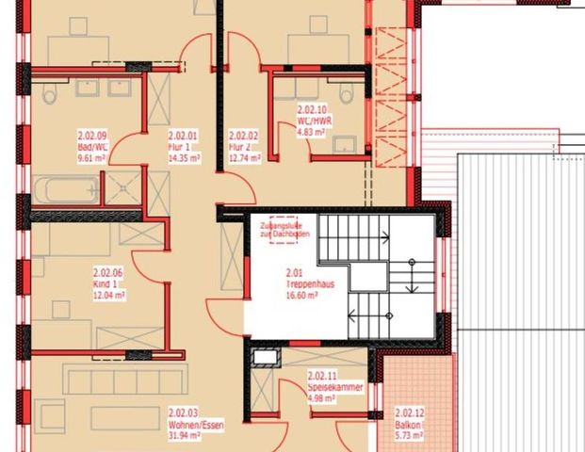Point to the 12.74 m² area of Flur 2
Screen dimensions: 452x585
pyautogui.click(x=243, y=158)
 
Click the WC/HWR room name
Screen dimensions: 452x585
pyautogui.click(x=315, y=121)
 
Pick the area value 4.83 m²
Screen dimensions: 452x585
pyautogui.click(x=311, y=132)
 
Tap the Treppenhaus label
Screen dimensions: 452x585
pyautogui.click(x=302, y=282)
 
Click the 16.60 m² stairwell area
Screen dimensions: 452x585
pyautogui.click(x=301, y=294)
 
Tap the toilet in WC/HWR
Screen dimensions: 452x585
pyautogui.click(x=345, y=94)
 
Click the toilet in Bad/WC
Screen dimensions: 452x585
pyautogui.click(x=50, y=94)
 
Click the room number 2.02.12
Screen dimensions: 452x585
pyautogui.click(x=408, y=412)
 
